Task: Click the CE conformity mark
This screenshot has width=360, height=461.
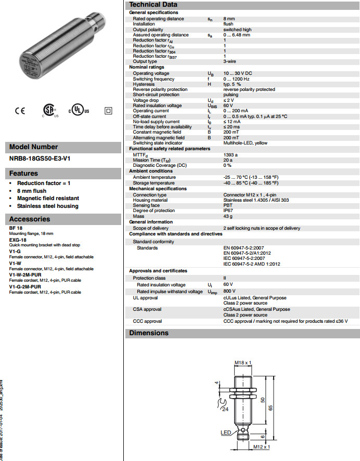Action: [x=20, y=110]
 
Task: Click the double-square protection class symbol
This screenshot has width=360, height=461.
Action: [x=108, y=111]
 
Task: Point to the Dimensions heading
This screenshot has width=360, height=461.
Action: [x=149, y=333]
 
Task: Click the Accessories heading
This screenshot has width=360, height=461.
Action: [x=29, y=219]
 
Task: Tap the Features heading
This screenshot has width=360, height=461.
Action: [x=23, y=173]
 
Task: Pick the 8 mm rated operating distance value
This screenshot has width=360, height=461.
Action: [x=229, y=18]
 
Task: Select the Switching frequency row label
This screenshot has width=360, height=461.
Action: [x=153, y=79]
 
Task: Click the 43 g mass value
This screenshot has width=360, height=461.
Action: [x=228, y=216]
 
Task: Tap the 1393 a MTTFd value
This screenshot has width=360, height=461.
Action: [x=230, y=154]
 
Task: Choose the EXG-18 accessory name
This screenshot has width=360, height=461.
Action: [x=18, y=240]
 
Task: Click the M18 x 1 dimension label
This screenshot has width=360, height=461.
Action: [x=242, y=362]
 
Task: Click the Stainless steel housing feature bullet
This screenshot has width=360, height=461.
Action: [x=47, y=206]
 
